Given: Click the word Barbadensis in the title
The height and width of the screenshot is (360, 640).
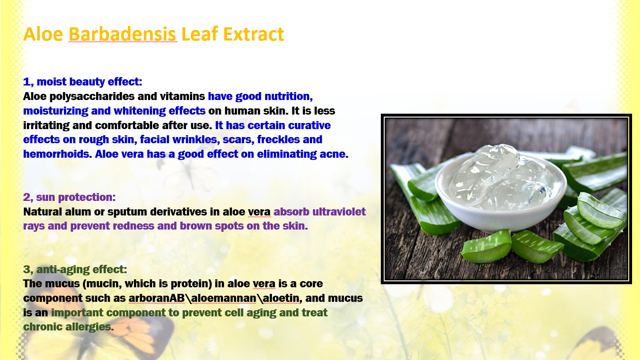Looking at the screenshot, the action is click(x=122, y=34).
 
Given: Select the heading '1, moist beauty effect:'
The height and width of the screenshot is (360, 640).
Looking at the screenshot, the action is click(x=82, y=82).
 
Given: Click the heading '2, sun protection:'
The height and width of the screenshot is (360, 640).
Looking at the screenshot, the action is click(x=70, y=197).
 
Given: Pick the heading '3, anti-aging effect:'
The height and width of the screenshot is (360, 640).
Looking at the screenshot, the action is click(x=75, y=269).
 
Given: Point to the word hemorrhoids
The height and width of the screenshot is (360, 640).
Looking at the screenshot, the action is click(x=57, y=154).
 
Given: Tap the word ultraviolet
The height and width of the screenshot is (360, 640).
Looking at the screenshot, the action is click(x=339, y=212).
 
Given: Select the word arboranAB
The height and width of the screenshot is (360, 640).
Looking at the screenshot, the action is click(x=156, y=298).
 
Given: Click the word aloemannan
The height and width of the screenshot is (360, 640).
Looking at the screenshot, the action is click(x=224, y=298).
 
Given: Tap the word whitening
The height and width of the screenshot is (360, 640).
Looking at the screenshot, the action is click(x=140, y=111).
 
